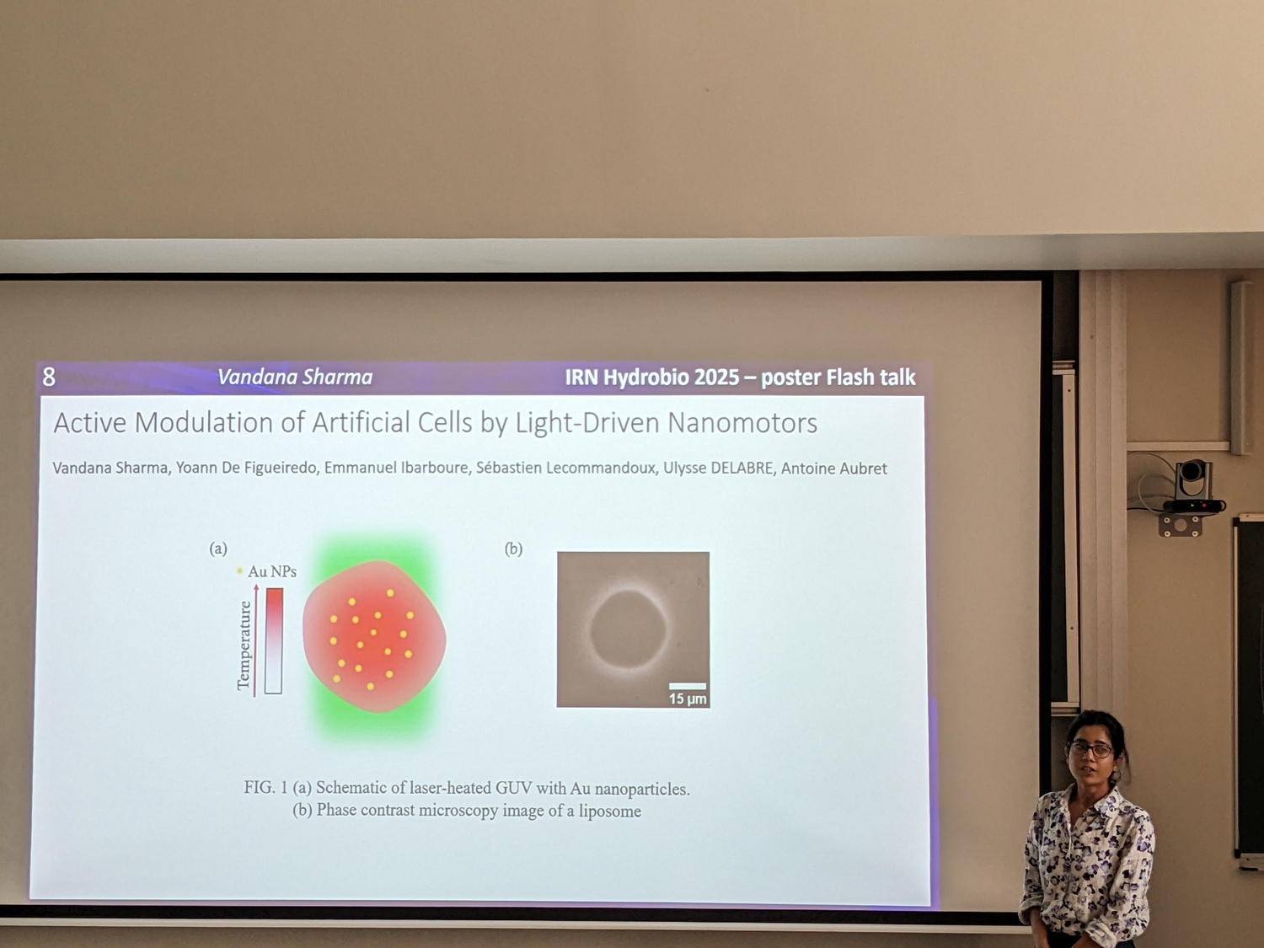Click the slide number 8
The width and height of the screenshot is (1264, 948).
[49, 377]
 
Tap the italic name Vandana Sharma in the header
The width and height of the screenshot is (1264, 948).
[295, 377]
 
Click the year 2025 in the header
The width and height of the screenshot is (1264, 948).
[717, 378]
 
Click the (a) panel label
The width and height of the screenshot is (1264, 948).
[218, 549]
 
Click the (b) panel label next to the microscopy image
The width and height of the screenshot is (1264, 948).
[514, 549]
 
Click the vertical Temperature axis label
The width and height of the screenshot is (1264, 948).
[244, 645]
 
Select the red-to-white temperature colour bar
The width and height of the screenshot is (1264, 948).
[274, 640]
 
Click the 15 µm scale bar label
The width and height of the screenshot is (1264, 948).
[688, 699]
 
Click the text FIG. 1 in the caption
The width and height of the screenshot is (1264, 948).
[265, 787]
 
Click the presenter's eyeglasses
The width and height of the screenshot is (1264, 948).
[1091, 749]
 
